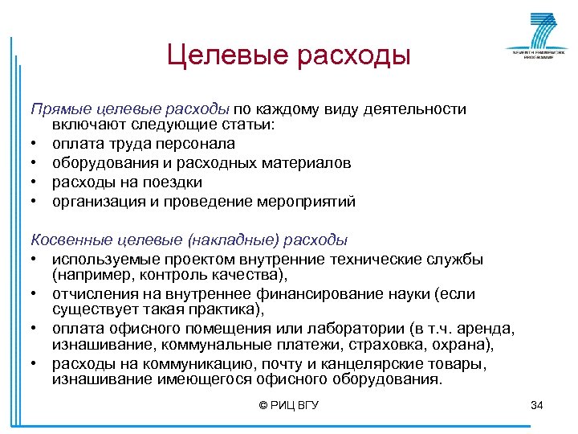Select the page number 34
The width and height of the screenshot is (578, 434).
537,405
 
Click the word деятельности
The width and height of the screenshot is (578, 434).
417,108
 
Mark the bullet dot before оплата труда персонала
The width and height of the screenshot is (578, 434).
36,145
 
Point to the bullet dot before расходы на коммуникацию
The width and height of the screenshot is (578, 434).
36,365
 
